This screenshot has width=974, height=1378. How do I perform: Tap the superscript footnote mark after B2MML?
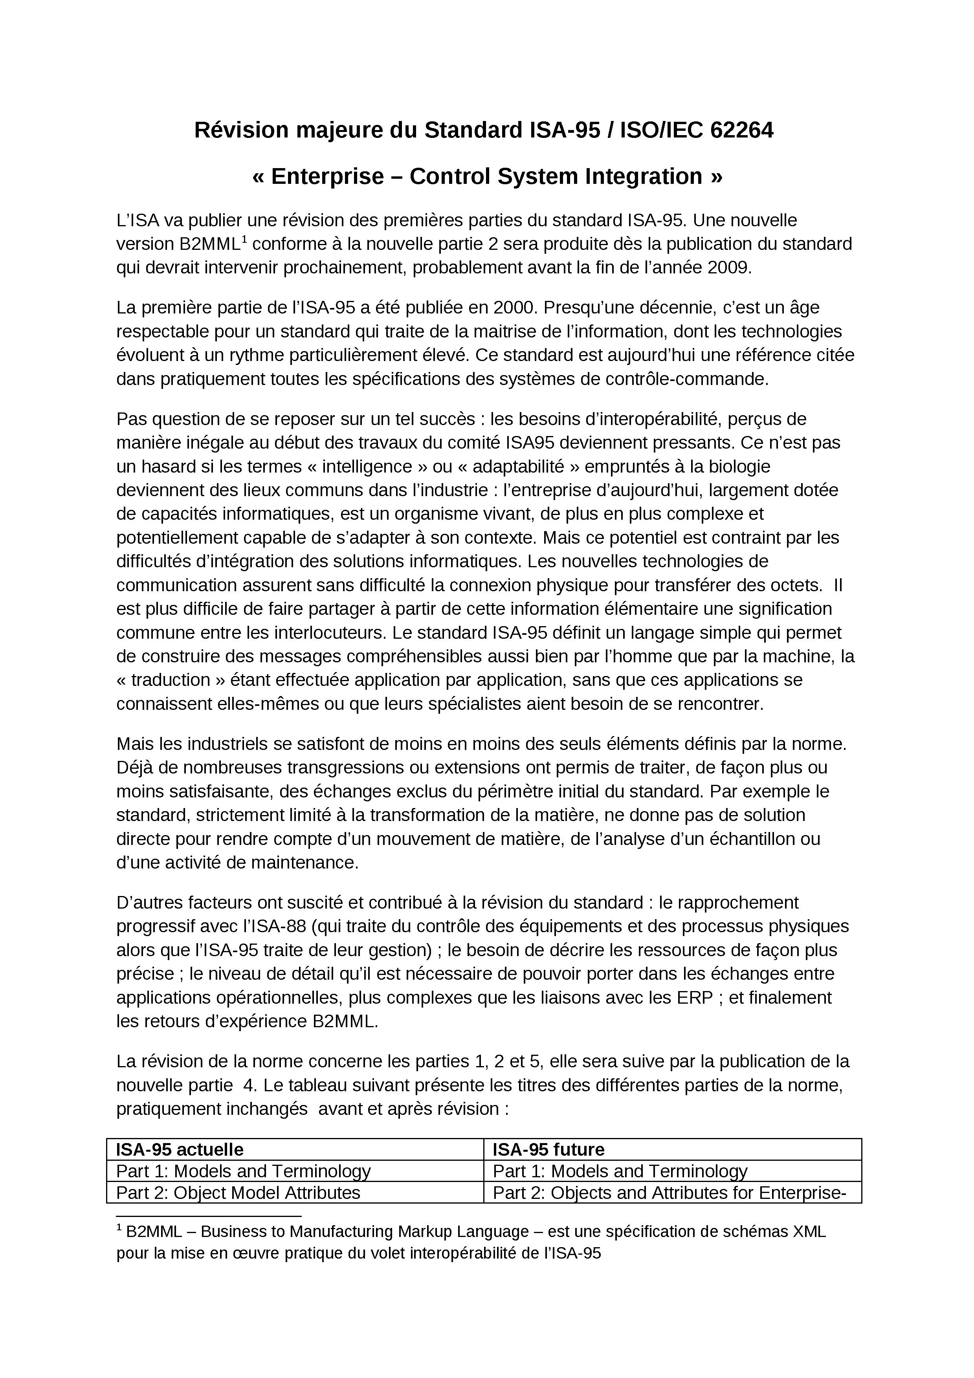coord(244,239)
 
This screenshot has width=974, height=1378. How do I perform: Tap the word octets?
coord(794,585)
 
